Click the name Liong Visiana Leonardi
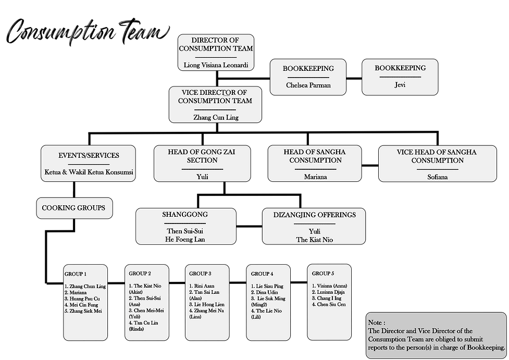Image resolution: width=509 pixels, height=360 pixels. [x=215, y=66]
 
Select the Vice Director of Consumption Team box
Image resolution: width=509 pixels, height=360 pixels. [x=215, y=104]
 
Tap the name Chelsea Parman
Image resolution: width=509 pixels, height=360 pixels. [x=308, y=85]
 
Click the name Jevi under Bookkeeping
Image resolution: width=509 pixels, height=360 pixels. [x=400, y=84]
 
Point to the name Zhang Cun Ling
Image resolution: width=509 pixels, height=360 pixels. [x=215, y=118]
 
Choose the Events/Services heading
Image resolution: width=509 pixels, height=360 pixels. [x=89, y=155]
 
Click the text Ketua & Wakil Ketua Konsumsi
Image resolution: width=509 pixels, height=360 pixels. [x=88, y=172]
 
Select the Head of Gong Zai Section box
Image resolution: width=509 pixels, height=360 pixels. [x=202, y=163]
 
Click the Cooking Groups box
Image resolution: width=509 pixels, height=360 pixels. [x=73, y=208]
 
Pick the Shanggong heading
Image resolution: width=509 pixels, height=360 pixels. [x=185, y=215]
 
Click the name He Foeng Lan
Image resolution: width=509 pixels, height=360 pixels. [x=185, y=239]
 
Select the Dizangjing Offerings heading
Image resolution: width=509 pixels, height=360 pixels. [x=315, y=215]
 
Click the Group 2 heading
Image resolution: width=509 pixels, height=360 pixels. [x=140, y=274]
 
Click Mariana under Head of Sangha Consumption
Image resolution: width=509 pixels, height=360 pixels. [x=315, y=177]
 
